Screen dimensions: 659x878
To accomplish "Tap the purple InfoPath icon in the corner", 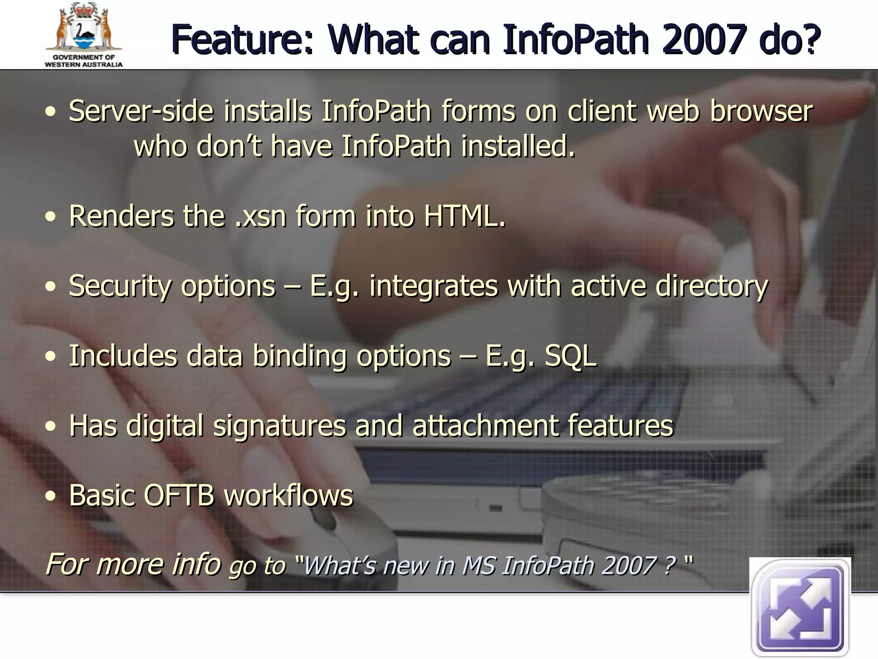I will click(800, 608).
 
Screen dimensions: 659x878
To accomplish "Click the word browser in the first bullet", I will click(761, 111).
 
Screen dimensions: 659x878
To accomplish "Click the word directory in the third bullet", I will click(712, 286).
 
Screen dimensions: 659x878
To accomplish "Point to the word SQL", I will click(570, 356).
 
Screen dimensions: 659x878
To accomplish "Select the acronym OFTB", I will click(178, 496).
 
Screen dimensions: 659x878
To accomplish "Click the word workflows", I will click(289, 496).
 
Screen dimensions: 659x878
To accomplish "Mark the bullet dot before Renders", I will click(51, 217).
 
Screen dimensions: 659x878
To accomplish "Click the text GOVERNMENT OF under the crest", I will click(84, 57).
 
